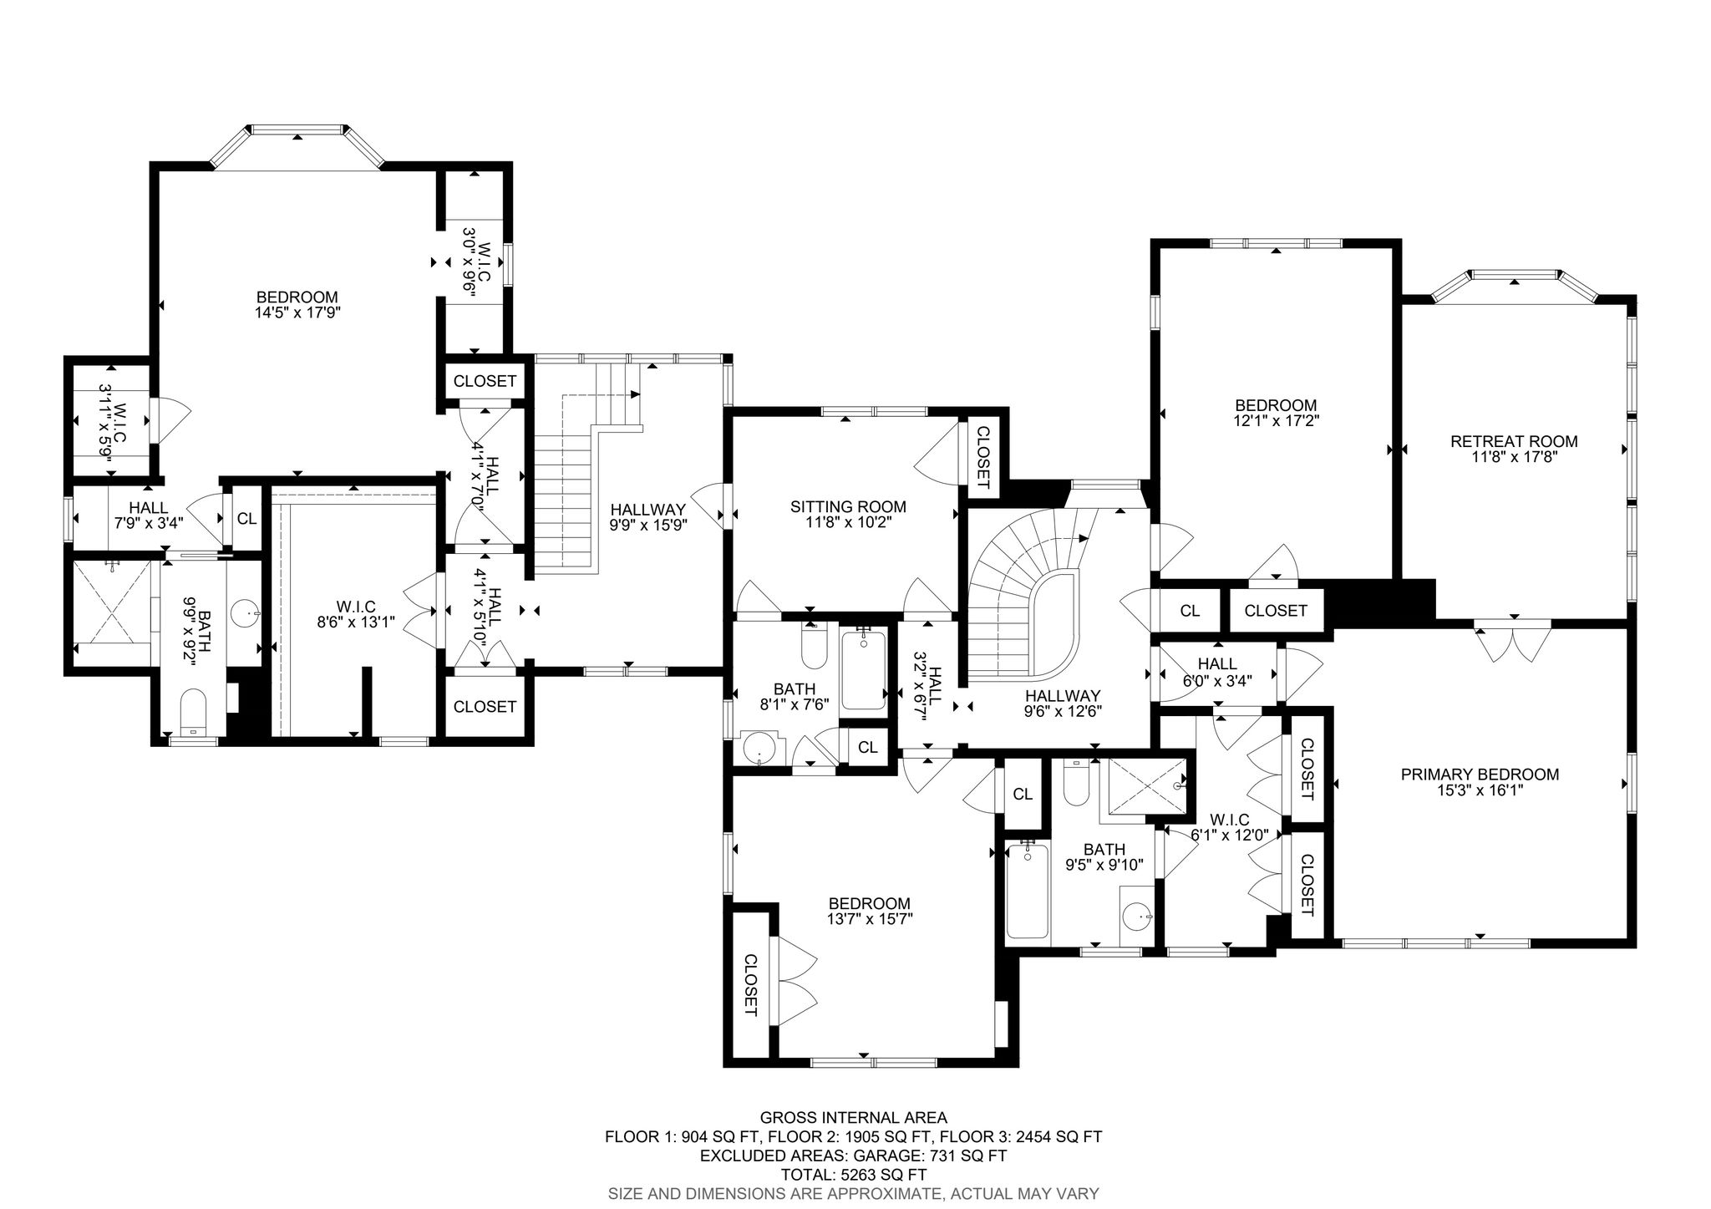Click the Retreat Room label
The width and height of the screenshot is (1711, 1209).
coord(1514,441)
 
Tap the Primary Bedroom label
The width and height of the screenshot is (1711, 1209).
coord(1480,775)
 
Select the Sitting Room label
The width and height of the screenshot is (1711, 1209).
coord(848,506)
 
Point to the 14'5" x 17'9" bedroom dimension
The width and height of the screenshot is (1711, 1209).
coord(297,312)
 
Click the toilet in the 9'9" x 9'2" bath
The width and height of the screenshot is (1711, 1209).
coord(193,713)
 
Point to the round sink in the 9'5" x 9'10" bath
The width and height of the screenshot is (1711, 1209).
coord(1136,917)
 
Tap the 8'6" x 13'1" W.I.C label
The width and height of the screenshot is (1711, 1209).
coord(356,613)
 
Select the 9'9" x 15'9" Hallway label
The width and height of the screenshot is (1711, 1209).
coord(648,517)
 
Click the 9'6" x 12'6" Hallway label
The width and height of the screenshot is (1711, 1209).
coord(1063,704)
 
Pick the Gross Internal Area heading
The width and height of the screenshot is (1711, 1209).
coord(853,1117)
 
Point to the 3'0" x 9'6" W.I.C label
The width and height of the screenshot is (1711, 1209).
coord(473,262)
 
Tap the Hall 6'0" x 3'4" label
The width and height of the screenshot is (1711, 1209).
coord(1216,671)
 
